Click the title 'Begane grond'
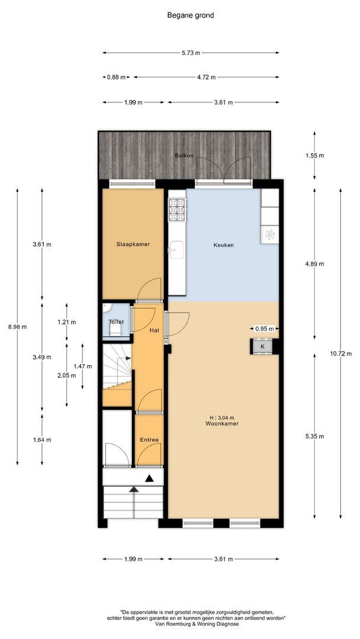pyautogui.click(x=190, y=16)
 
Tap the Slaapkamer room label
pyautogui.click(x=133, y=244)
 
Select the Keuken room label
pyautogui.click(x=223, y=245)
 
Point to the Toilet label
pyautogui.click(x=116, y=322)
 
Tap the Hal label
pyautogui.click(x=154, y=331)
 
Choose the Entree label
pyautogui.click(x=149, y=440)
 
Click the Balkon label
pyautogui.click(x=184, y=156)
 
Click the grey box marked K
pyautogui.click(x=262, y=346)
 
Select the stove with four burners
pyautogui.click(x=176, y=209)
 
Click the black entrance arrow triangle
pyautogui.click(x=150, y=478)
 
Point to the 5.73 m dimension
pyautogui.click(x=191, y=53)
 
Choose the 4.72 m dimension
pyautogui.click(x=206, y=78)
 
